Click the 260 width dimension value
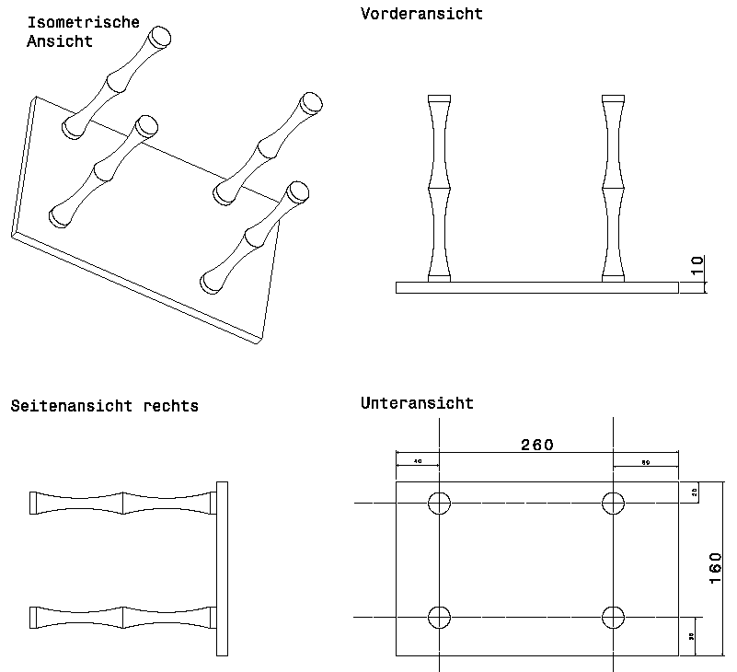pyautogui.click(x=537, y=445)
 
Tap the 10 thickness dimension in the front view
pyautogui.click(x=697, y=266)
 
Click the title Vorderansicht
pyautogui.click(x=421, y=14)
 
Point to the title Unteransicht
pyautogui.click(x=417, y=403)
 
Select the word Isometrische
pyautogui.click(x=84, y=22)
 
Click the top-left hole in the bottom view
pyautogui.click(x=439, y=503)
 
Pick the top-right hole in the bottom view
pyautogui.click(x=613, y=503)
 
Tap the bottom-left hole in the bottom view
pyautogui.click(x=439, y=616)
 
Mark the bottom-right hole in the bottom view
pyautogui.click(x=613, y=616)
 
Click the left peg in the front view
pyautogui.click(x=439, y=188)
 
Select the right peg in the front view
pyautogui.click(x=613, y=188)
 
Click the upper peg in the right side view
pyautogui.click(x=122, y=503)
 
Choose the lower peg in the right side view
pyautogui.click(x=122, y=616)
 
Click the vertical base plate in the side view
pyautogui.click(x=221, y=568)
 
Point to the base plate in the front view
pyautogui.click(x=536, y=287)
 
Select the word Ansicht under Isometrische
pyautogui.click(x=61, y=41)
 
